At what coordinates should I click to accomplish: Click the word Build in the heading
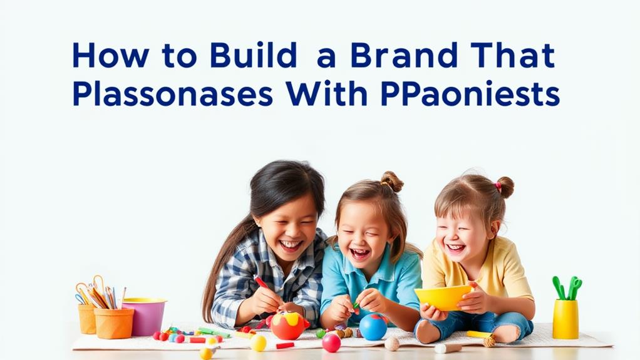tap(253, 56)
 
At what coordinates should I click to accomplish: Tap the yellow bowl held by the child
tap(442, 297)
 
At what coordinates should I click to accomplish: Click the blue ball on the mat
tap(373, 326)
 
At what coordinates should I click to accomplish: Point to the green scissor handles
tap(567, 287)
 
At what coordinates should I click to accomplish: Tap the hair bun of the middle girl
tap(392, 182)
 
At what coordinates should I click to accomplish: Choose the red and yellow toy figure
tap(287, 325)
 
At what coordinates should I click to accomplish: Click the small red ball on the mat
tap(331, 342)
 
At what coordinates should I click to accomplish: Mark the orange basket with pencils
tap(114, 321)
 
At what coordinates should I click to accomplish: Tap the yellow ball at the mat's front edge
tap(258, 343)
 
